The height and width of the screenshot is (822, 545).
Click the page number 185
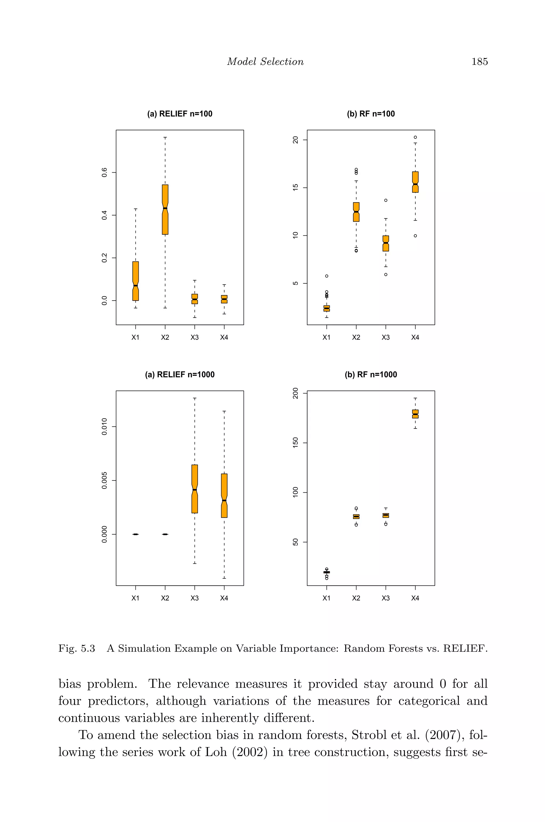tap(480, 61)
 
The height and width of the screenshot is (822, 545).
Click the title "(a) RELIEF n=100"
tap(180, 114)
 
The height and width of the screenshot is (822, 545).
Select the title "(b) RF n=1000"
tap(371, 375)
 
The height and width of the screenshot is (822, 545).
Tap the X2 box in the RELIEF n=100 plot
tap(165, 210)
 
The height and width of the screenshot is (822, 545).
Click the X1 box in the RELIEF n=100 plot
tap(135, 281)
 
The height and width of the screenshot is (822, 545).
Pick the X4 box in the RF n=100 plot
tap(415, 182)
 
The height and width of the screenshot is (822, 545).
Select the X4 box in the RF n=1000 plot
tap(415, 414)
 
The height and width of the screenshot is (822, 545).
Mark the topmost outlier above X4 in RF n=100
tap(415, 137)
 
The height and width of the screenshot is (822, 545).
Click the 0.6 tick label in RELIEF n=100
tap(104, 172)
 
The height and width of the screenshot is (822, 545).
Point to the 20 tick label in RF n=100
tap(295, 140)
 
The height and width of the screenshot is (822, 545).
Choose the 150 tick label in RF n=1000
tap(295, 443)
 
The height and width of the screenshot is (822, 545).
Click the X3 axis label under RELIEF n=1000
tap(195, 598)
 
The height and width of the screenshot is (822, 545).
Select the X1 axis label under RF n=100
tap(326, 337)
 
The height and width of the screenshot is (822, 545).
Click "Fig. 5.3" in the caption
tap(76, 648)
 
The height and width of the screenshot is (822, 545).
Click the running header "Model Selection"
tap(265, 61)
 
